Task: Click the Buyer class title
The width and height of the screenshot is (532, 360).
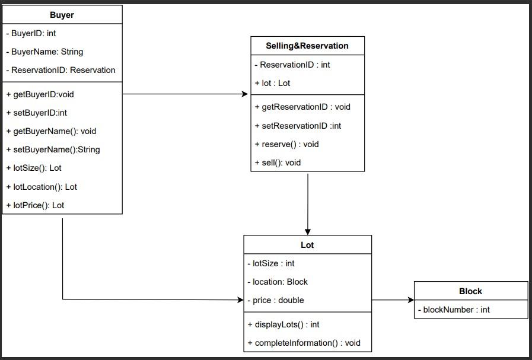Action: coord(62,15)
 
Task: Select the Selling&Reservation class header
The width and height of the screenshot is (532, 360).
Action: coord(307,46)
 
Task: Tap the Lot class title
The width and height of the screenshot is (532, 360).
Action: coord(307,245)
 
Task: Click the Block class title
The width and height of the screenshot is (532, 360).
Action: coord(470,291)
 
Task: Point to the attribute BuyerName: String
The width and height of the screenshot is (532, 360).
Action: coord(45,52)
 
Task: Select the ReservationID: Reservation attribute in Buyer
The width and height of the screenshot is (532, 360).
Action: coord(61,70)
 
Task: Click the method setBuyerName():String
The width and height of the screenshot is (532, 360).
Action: coord(53,149)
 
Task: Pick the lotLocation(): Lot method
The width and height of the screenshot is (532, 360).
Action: coord(42,187)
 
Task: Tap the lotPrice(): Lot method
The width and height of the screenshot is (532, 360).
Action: coord(36,205)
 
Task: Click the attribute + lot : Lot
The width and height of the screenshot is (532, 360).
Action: coord(273,83)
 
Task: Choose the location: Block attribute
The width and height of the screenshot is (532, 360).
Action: coord(278,282)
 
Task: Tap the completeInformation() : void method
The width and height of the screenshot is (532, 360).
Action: coord(304,343)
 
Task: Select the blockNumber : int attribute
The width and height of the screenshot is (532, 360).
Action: coord(454,310)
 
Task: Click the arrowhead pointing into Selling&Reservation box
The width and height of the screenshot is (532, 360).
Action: coord(244,94)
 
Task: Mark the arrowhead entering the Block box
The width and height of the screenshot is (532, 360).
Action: coord(409,300)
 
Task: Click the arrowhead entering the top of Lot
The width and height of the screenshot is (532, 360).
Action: coord(308,231)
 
